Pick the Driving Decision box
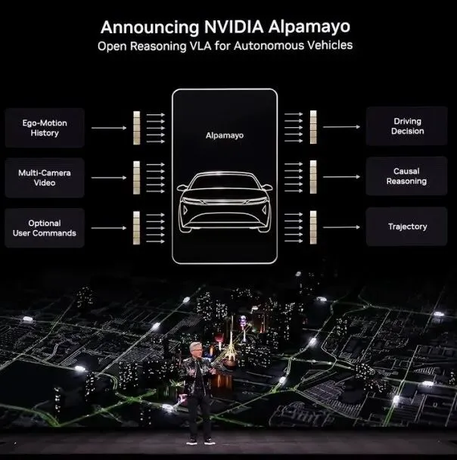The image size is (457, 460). pyautogui.click(x=406, y=126)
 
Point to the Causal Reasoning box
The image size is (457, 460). pyautogui.click(x=406, y=176)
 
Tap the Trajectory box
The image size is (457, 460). pyautogui.click(x=406, y=227)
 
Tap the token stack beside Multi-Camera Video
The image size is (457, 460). pyautogui.click(x=136, y=177)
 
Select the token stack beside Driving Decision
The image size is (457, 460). pyautogui.click(x=313, y=126)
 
